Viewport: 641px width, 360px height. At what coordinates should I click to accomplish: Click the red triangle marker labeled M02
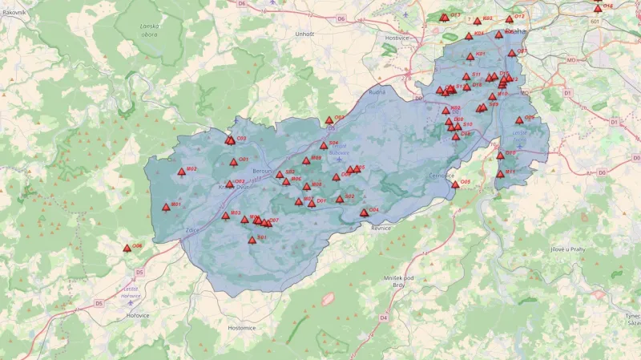pos(181,171)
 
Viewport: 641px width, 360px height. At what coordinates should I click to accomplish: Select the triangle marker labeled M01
pos(166,207)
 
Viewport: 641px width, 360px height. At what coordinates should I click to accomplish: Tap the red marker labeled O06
pos(127,248)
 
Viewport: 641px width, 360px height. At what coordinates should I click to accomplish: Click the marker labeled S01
pos(252,240)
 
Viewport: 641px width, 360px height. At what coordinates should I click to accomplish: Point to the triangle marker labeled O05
pos(455,184)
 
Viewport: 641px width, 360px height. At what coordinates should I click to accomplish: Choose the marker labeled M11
pos(500,174)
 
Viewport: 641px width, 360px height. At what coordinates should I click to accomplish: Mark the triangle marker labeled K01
pos(470,56)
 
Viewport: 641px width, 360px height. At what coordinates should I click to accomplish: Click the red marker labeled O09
pos(519,120)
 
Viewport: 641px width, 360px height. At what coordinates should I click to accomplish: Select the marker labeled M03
pos(225,215)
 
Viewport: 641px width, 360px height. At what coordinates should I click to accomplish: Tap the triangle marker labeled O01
pos(234,162)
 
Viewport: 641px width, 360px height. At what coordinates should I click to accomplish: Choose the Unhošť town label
pos(304,34)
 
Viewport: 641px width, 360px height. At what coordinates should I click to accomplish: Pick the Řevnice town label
pos(380,228)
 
